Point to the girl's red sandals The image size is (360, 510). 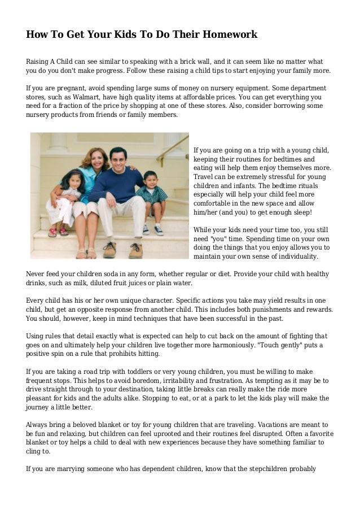[58, 232]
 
